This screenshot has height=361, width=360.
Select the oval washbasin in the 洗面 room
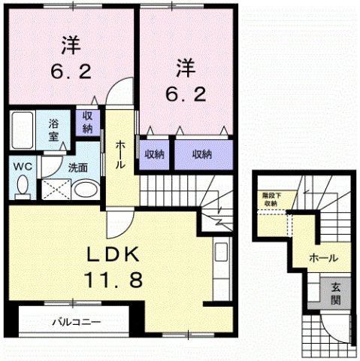(x=86, y=188)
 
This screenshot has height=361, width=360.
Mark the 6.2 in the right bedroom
(x=185, y=94)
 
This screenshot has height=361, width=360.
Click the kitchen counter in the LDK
(x=221, y=265)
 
